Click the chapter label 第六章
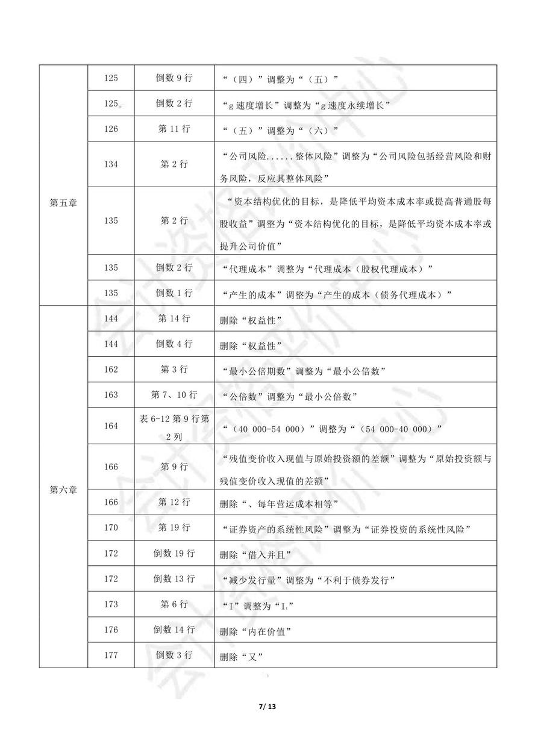pos(63,489)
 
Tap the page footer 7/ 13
pos(267,705)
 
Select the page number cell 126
pos(111,130)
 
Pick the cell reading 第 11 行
pos(174,130)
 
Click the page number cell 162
pos(111,370)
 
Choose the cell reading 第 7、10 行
pos(174,395)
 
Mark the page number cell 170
pos(111,528)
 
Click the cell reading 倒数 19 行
pos(174,554)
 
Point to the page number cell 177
pos(111,655)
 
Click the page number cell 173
pos(111,604)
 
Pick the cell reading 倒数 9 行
pos(174,78)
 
